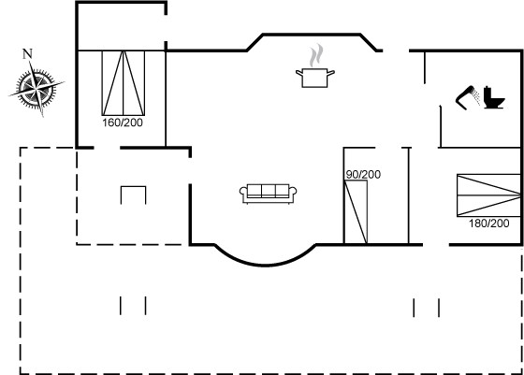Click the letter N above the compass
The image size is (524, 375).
click(x=27, y=53)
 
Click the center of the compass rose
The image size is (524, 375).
click(x=36, y=89)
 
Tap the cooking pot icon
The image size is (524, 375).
click(x=314, y=78)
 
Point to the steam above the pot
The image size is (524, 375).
click(x=316, y=55)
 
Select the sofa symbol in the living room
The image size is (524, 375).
click(x=268, y=194)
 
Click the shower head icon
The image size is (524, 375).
click(x=468, y=97)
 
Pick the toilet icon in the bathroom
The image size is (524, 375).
click(x=494, y=97)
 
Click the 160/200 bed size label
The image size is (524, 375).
click(x=123, y=123)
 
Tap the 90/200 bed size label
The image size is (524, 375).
click(x=363, y=174)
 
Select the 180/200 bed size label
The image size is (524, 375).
click(x=488, y=224)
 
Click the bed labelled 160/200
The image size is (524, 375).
click(x=124, y=83)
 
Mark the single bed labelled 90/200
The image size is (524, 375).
click(x=356, y=212)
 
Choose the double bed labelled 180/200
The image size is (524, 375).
click(x=488, y=195)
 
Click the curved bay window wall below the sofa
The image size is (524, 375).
click(x=265, y=266)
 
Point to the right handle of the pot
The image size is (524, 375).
click(x=330, y=72)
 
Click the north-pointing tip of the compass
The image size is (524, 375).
click(x=30, y=62)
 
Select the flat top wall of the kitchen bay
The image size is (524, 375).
click(x=312, y=34)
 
